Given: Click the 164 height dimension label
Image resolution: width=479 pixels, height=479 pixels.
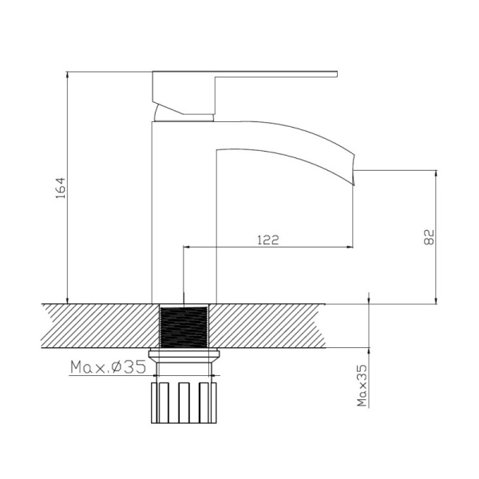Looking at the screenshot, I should [57, 188].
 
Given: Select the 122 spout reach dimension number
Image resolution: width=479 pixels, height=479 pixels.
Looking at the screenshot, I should [268, 240].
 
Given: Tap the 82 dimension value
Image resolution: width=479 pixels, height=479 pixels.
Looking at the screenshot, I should [428, 236].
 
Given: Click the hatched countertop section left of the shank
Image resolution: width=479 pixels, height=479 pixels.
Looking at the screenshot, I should [96, 326].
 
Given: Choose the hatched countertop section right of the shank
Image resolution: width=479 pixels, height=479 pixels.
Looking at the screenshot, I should [279, 326].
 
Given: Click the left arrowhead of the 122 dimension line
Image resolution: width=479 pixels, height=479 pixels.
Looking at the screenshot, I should [189, 248].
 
